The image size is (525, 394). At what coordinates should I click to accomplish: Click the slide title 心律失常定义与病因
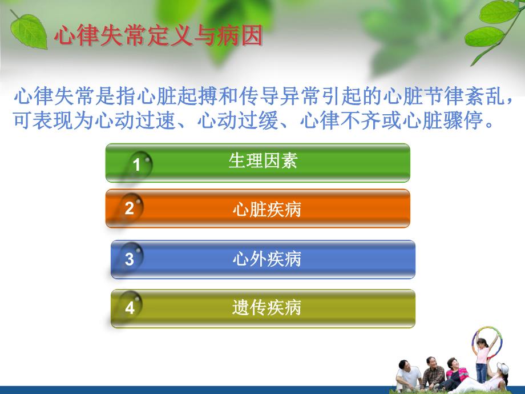(x=158, y=36)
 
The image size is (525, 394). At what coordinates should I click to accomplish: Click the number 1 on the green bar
(x=136, y=165)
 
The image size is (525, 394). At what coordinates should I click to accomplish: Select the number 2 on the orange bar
(x=130, y=208)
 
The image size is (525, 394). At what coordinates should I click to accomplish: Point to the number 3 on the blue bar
(x=130, y=259)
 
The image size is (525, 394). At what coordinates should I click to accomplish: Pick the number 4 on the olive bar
(x=130, y=308)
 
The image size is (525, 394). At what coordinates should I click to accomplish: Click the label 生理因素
(x=262, y=161)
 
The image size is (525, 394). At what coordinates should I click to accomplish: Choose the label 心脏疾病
(x=266, y=210)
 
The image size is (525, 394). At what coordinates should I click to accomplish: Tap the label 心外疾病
(x=266, y=259)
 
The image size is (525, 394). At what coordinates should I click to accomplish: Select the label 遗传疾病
(x=266, y=308)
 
